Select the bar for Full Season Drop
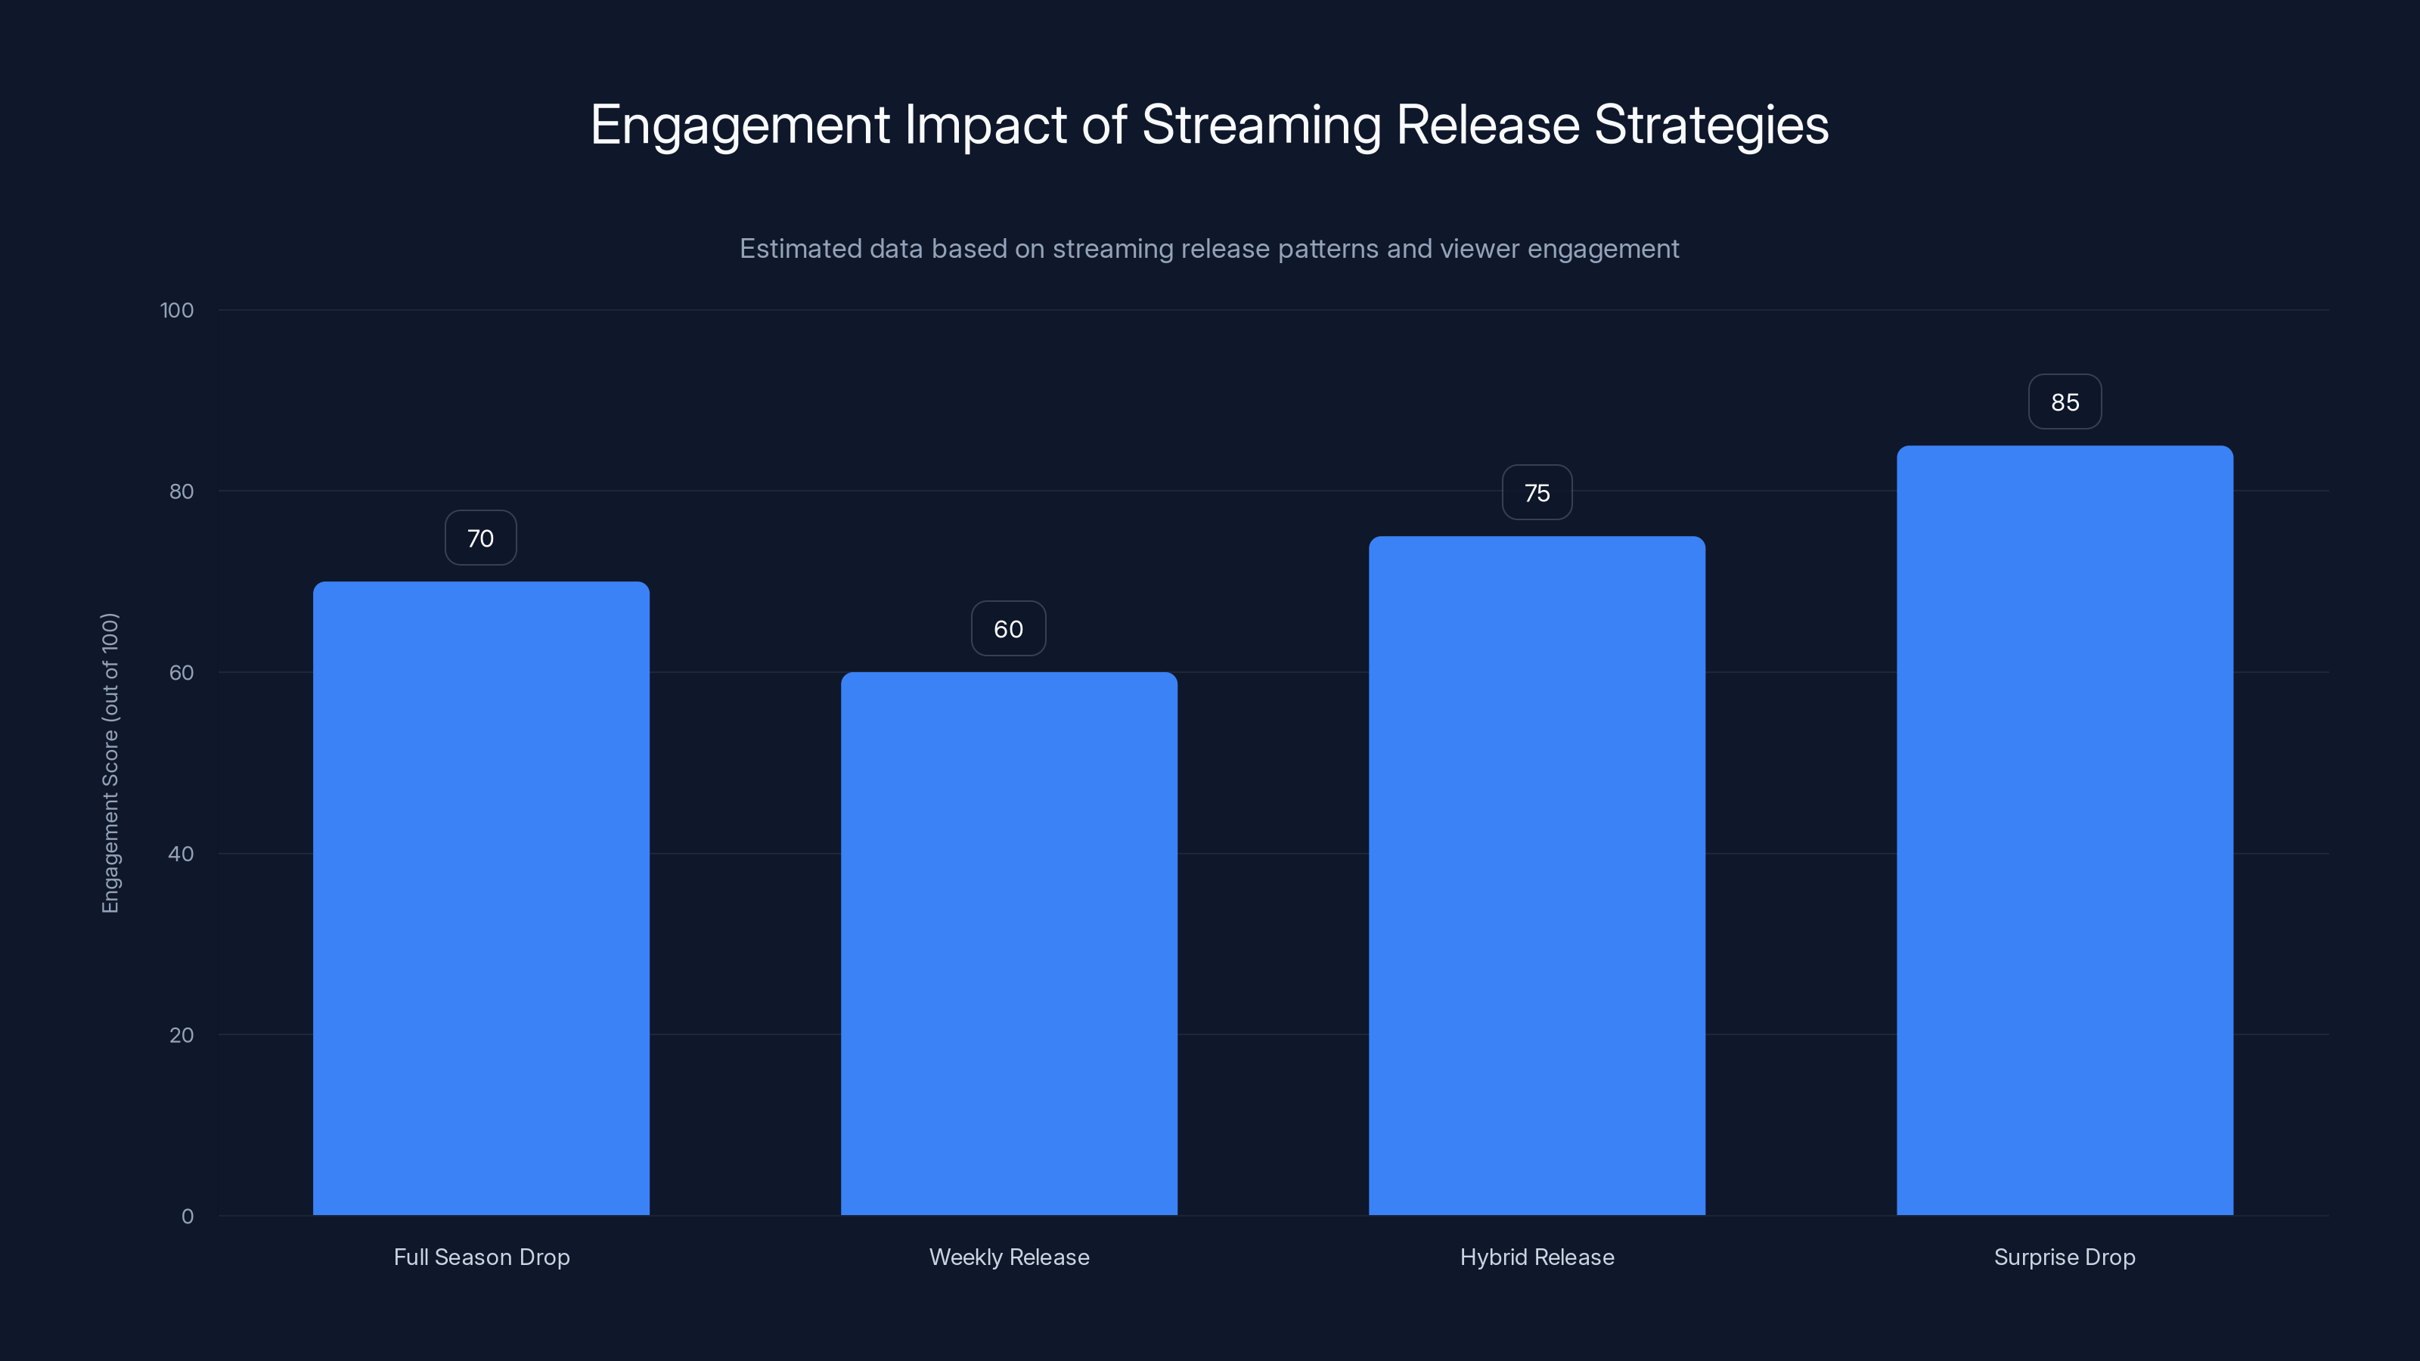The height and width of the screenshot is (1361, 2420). tap(481, 898)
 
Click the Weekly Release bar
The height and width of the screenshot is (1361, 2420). tap(1008, 943)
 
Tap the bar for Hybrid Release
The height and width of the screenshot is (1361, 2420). tap(1537, 876)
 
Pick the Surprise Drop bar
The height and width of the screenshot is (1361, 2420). tap(2064, 830)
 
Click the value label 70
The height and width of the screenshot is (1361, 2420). tap(480, 538)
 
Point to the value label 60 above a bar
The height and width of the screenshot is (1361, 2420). tap(1008, 629)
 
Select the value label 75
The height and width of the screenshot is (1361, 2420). tap(1537, 493)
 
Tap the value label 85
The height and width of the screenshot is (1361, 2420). tap(2064, 402)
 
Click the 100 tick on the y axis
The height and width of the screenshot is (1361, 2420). tap(177, 310)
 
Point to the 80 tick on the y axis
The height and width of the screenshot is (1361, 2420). tap(181, 491)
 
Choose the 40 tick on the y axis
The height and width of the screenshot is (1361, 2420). tap(181, 854)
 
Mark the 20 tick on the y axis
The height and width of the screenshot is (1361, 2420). tap(181, 1035)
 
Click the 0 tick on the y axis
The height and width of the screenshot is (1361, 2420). tap(187, 1217)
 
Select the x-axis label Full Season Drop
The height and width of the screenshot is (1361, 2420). tap(481, 1257)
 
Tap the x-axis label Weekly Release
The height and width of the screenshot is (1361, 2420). tap(1009, 1257)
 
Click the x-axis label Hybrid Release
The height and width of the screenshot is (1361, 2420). tap(1537, 1257)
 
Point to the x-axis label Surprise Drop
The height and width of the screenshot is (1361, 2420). tap(2064, 1257)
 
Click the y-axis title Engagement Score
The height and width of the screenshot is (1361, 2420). tap(110, 763)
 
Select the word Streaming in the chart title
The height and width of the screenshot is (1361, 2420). tap(1261, 125)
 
